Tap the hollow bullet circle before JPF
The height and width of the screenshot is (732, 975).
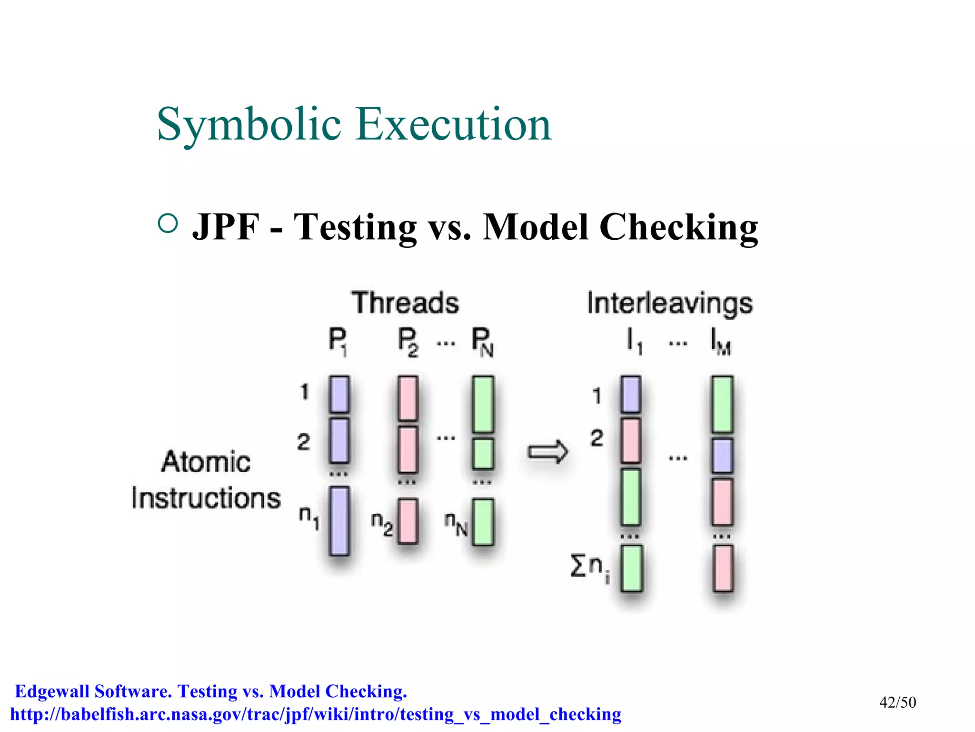pos(168,223)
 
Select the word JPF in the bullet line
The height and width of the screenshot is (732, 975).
pos(226,227)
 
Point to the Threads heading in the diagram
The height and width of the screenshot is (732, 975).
pos(405,303)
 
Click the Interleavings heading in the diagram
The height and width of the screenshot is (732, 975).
pos(670,304)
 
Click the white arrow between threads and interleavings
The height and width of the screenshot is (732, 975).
pos(547,451)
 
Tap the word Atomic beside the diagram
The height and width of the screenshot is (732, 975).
pos(206,462)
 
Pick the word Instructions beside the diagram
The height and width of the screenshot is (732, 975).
pos(206,498)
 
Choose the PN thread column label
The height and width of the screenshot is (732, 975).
pos(482,342)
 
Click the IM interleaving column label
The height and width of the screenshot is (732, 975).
pos(720,342)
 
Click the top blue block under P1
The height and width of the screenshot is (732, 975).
pos(339,394)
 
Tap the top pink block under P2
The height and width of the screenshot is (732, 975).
pos(408,398)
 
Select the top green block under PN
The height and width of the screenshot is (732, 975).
pos(483,404)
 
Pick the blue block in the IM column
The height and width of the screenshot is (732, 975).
pos(722,456)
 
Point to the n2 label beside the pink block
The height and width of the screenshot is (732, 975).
pos(382,524)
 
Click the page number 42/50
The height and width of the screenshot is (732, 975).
pos(897,702)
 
